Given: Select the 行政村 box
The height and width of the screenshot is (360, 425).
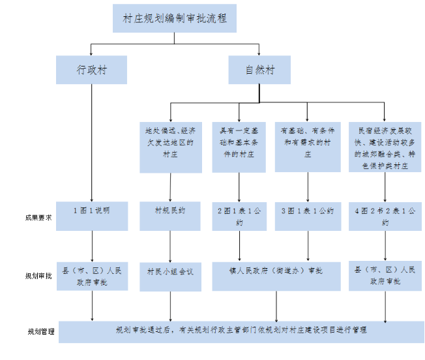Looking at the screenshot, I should [91, 70].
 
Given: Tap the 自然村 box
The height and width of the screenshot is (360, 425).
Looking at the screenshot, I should [259, 70].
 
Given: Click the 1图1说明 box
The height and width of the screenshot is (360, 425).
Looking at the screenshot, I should [91, 216].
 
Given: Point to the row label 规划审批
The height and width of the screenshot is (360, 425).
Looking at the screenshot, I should [30, 275].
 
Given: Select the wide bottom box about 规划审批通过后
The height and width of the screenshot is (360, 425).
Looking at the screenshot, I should [241, 331].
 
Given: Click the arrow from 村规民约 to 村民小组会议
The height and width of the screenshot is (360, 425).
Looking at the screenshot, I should [170, 245].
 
